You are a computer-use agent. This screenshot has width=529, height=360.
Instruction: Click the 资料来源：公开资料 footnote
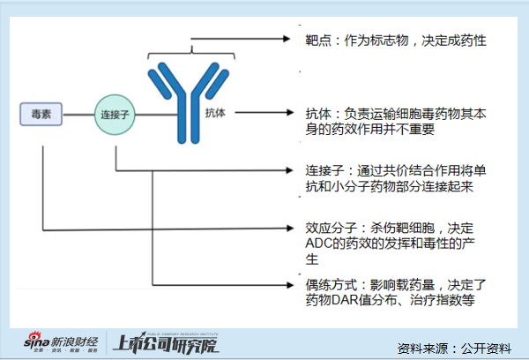coord(454,347)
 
